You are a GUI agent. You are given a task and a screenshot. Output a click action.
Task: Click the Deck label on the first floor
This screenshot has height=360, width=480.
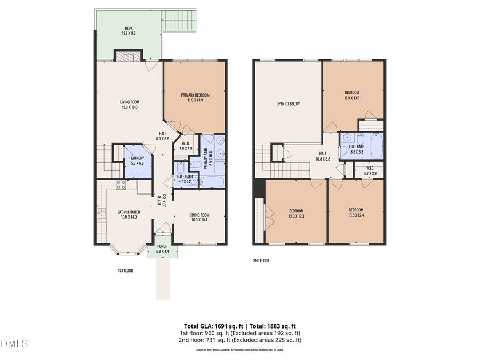point(129,31)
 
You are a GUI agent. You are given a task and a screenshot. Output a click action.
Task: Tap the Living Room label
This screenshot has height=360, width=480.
point(129,105)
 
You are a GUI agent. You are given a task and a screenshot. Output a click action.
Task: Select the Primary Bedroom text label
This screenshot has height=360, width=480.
point(195,98)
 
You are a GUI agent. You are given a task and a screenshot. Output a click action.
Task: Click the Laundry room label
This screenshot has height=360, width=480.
point(138,161)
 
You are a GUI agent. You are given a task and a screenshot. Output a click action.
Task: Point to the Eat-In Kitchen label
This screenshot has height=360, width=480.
point(129,215)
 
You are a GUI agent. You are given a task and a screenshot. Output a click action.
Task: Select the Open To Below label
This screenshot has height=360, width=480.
point(288,103)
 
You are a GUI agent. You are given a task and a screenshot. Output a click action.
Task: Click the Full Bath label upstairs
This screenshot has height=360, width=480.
point(357,149)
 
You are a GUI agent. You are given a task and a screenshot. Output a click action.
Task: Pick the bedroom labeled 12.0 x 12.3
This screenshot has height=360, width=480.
point(295,212)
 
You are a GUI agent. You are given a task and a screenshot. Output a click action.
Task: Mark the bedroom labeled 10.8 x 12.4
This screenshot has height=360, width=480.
point(356,212)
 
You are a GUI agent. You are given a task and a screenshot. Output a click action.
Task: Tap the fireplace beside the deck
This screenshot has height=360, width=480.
point(129,56)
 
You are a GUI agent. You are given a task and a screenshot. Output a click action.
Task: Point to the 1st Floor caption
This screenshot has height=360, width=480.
point(125,271)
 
